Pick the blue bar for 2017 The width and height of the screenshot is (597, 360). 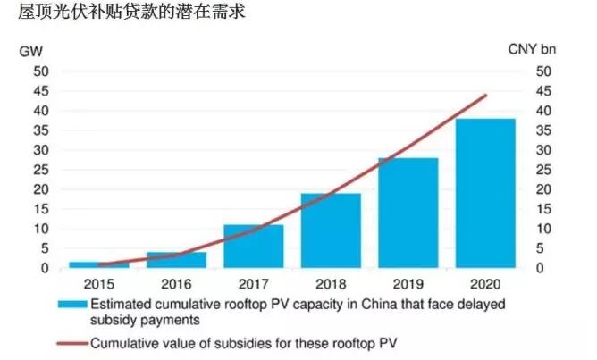pos(254,246)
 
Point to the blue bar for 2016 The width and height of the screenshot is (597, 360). pos(176,260)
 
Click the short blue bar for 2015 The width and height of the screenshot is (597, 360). pos(99,264)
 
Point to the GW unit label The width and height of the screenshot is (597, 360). pos(30,50)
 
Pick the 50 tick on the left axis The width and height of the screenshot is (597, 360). pos(40,71)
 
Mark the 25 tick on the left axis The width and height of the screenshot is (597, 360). pos(40,170)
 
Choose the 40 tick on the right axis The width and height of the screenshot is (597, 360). pos(545,111)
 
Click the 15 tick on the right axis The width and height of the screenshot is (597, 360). pos(545,209)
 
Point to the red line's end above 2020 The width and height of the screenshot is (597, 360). pos(485,95)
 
